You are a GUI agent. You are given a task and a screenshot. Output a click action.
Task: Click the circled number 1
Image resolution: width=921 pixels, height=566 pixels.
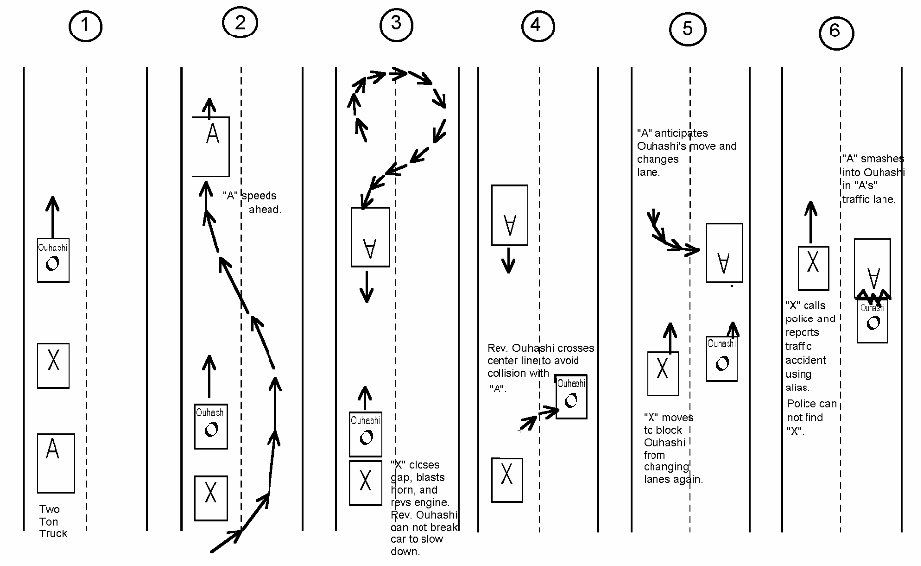point(86,27)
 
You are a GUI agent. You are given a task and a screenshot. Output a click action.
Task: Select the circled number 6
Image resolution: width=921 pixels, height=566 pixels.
point(835,32)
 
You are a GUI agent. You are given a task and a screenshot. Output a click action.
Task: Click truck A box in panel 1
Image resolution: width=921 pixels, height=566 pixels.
point(54,463)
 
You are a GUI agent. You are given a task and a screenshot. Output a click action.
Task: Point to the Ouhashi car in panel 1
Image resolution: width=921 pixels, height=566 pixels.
point(53,259)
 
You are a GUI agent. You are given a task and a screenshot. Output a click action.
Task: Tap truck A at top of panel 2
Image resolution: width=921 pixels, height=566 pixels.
point(211,146)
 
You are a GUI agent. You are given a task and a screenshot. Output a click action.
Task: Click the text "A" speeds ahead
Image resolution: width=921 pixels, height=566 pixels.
point(253,201)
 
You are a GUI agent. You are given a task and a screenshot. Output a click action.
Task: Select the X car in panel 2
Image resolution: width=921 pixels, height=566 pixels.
point(210,492)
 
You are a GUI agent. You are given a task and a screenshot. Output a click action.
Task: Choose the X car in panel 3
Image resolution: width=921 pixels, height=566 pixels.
point(366,482)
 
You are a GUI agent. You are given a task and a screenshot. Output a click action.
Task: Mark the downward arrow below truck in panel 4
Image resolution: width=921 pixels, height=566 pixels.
point(508,261)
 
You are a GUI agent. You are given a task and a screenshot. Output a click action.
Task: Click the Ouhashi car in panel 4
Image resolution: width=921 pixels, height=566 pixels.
point(572,396)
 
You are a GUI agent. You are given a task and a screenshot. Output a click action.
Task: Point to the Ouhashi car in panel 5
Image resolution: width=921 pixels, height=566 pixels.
point(722,357)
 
